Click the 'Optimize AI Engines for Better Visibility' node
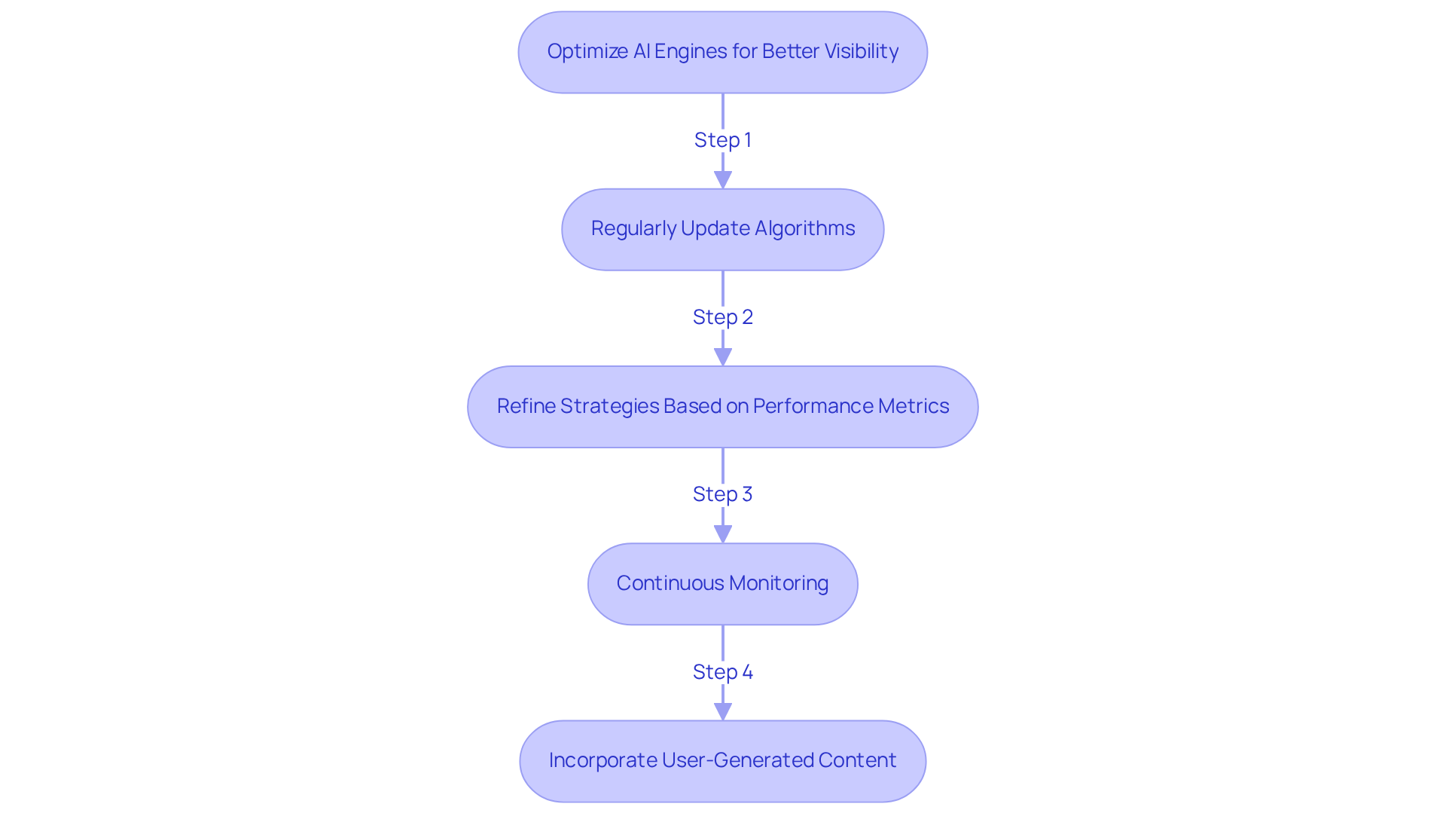pos(722,52)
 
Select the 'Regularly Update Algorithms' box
pos(722,229)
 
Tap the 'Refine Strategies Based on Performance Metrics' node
pos(722,407)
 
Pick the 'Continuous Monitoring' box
pos(722,584)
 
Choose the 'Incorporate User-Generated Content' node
pos(722,761)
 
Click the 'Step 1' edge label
pos(722,140)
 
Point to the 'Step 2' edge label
pos(722,317)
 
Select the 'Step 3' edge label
pos(722,494)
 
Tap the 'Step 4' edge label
pos(722,672)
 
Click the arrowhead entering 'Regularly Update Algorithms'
pos(722,180)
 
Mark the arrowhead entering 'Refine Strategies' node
pos(722,357)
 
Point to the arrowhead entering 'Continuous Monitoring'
pos(722,534)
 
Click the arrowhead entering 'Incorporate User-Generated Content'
pos(722,712)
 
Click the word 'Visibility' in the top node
pos(861,51)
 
